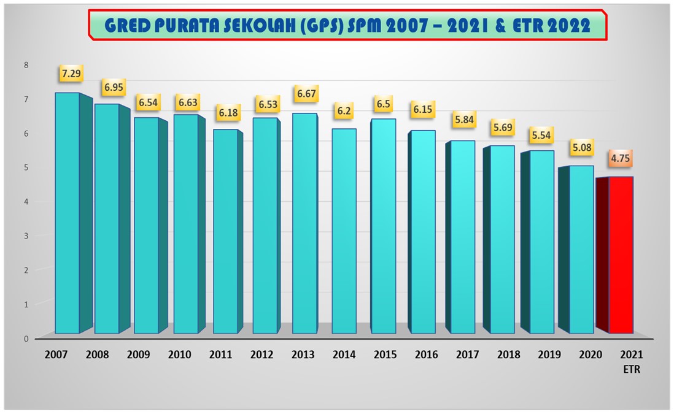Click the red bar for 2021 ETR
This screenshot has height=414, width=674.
(621, 255)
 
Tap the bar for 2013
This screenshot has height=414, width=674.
(304, 223)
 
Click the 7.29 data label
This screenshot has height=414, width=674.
(71, 74)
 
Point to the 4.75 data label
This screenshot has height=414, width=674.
(621, 158)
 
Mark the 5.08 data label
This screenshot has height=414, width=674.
(581, 147)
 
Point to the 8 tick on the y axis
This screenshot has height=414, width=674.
(26, 65)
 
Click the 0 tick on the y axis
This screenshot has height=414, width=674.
(26, 339)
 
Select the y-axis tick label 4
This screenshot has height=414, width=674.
(26, 202)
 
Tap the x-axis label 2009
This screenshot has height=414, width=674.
(139, 355)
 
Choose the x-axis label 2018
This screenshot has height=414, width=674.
(509, 355)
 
